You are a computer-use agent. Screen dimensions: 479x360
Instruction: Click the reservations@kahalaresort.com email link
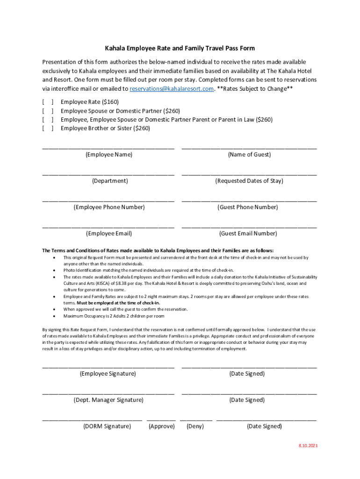point(172,88)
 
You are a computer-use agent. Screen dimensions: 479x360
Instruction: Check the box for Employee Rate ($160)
point(48,102)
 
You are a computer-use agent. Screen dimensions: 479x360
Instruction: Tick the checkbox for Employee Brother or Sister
point(48,128)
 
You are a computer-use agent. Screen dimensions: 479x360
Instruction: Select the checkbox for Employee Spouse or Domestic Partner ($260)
point(48,111)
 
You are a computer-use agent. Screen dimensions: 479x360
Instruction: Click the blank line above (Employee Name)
point(108,147)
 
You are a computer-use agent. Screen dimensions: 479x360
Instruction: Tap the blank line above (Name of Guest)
point(249,147)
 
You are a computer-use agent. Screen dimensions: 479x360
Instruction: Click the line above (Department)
point(108,174)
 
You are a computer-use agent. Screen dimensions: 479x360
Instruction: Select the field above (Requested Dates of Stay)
point(249,174)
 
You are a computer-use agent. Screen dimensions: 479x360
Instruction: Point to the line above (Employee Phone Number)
point(108,200)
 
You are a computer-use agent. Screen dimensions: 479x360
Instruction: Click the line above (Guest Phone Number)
point(249,200)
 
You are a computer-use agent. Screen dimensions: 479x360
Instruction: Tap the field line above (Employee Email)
point(108,226)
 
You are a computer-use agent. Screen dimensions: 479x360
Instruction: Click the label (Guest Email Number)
point(248,233)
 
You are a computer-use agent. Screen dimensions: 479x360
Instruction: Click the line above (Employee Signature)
point(108,367)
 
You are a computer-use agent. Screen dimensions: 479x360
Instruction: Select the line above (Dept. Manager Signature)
point(108,393)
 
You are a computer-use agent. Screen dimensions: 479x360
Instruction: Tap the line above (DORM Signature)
point(92,420)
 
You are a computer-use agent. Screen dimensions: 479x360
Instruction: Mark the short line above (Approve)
point(161,420)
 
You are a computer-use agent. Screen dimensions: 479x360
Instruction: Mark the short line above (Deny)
point(196,420)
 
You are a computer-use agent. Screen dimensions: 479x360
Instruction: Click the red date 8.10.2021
point(308,446)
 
